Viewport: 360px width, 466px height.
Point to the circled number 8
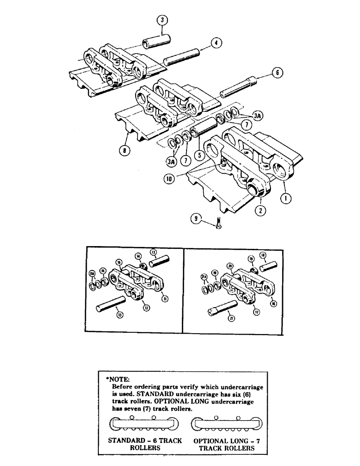(x=125, y=151)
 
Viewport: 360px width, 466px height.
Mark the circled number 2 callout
(x=262, y=210)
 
